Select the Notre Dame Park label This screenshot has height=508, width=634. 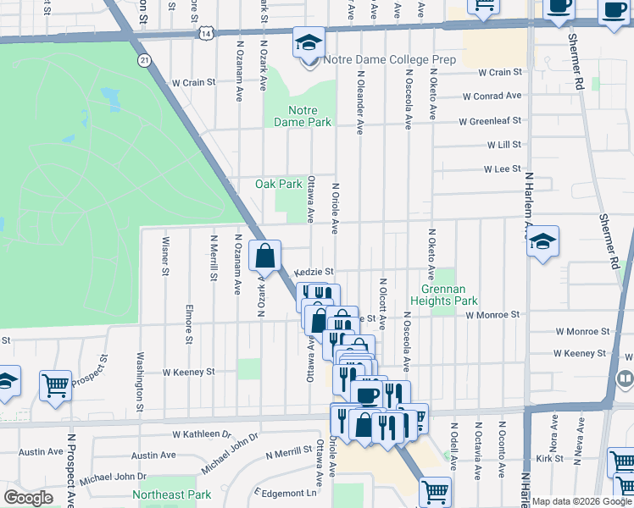point(302,116)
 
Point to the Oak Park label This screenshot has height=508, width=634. point(279,184)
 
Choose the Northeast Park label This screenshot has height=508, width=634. point(171,494)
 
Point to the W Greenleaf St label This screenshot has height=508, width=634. point(489,122)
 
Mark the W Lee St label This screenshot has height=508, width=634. point(502,169)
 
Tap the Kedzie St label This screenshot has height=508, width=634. point(315,273)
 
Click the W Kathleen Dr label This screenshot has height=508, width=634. point(201,433)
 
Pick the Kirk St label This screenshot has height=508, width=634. point(555,458)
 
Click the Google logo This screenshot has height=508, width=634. point(28,497)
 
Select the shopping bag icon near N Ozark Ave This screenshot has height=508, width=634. point(266,256)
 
